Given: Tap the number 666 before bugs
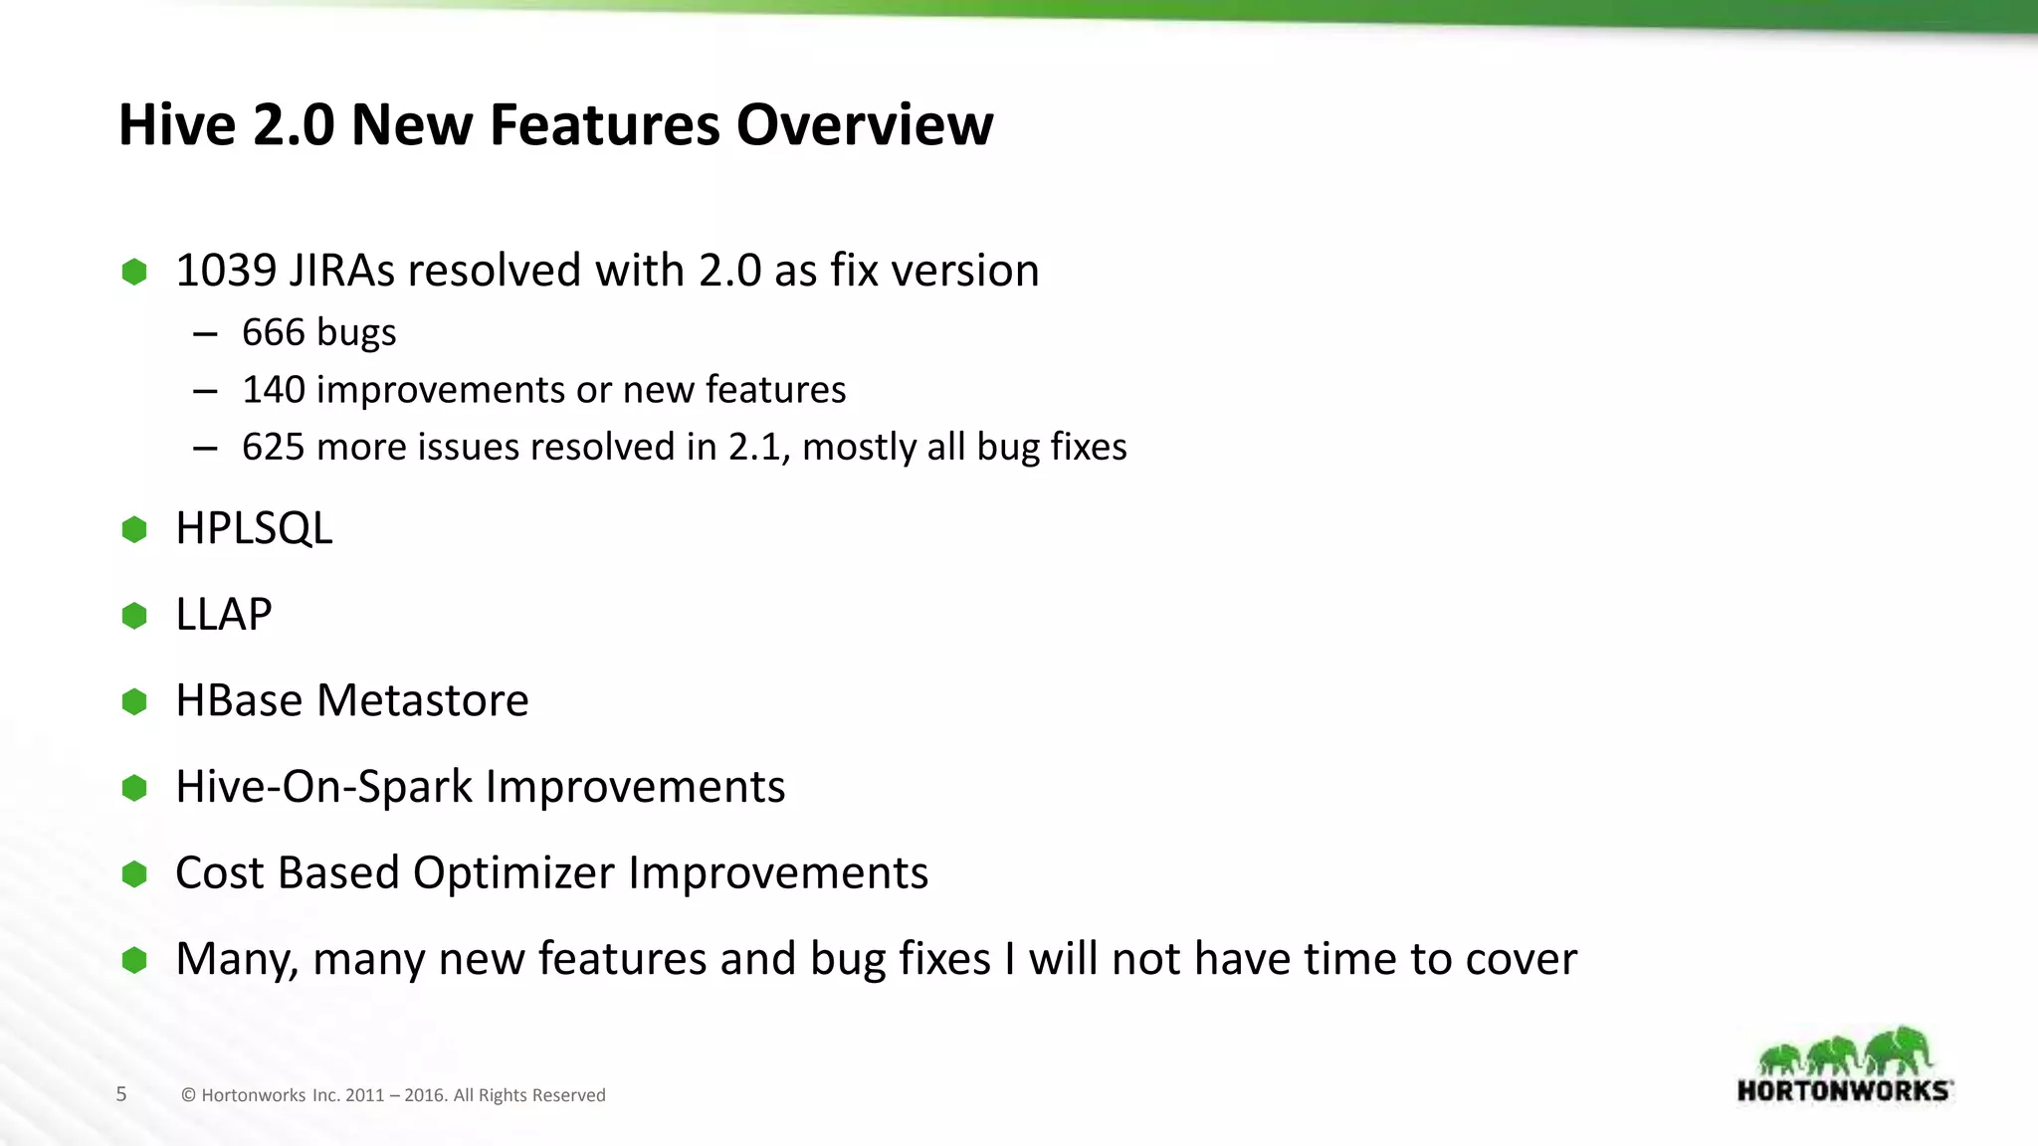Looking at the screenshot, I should click(x=274, y=332).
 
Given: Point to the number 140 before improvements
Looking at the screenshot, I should click(x=274, y=390).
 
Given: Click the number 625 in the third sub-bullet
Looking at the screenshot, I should click(x=274, y=448).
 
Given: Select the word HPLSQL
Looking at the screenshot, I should click(x=254, y=528).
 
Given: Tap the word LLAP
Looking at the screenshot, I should click(x=223, y=615).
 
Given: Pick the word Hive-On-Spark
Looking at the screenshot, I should click(x=323, y=787).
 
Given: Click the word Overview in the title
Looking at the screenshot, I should click(x=864, y=125).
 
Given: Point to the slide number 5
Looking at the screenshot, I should click(x=121, y=1094).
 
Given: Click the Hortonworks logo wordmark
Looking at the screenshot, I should click(x=1844, y=1090).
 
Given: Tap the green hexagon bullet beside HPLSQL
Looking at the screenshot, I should click(x=134, y=529).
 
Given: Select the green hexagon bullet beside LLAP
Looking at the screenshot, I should click(x=134, y=616).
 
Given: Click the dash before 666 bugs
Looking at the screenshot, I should click(x=206, y=334).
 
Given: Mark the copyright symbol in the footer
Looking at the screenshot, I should click(x=188, y=1095).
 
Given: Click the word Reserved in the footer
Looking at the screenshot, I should click(x=568, y=1095).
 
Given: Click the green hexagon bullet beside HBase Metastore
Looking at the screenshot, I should click(x=134, y=701).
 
